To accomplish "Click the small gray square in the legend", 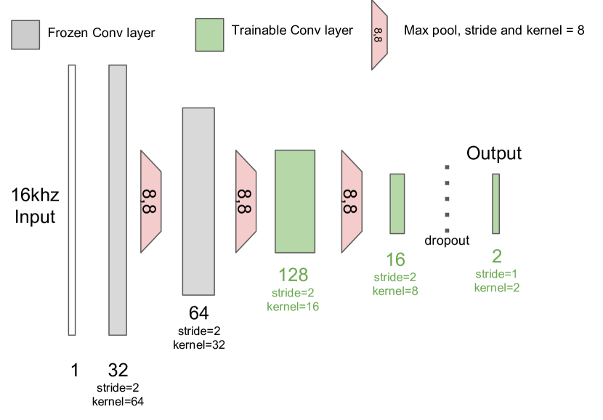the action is [x=25, y=35].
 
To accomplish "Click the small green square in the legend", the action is [x=209, y=35].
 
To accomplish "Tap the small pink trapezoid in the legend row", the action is [x=379, y=35].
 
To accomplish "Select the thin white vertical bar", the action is [x=72, y=200].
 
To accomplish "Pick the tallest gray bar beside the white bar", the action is [x=118, y=200].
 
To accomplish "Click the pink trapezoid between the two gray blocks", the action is [x=150, y=201].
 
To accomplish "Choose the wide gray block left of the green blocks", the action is [x=198, y=201].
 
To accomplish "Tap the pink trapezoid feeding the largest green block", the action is [x=246, y=201].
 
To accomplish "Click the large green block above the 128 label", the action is [x=295, y=201].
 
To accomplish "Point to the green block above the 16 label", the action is [x=397, y=203].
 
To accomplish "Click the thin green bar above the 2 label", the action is [x=495, y=203].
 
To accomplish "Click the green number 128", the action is [x=294, y=275].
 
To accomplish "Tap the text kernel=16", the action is [x=294, y=307].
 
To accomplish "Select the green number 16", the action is [x=395, y=259].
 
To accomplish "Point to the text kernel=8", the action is [x=395, y=291].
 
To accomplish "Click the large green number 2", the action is [x=497, y=257].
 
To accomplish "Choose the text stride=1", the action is [x=497, y=274].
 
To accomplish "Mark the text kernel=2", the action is [x=497, y=288].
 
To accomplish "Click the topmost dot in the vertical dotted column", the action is [x=447, y=167].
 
